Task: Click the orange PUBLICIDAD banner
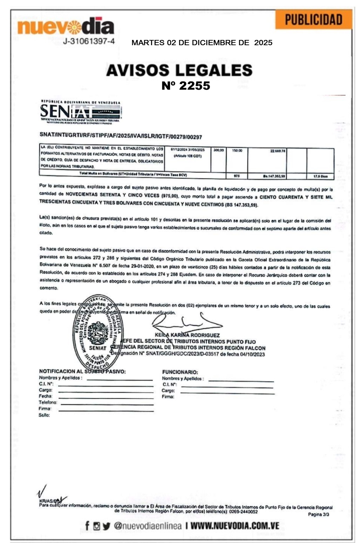(x=313, y=20)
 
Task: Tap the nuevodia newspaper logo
(x=66, y=27)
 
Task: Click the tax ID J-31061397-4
(x=89, y=41)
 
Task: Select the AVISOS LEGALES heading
(x=179, y=70)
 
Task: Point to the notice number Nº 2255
(x=186, y=86)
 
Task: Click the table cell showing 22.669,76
(x=278, y=151)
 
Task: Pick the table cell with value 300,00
(x=218, y=150)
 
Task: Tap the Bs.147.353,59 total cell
(x=274, y=176)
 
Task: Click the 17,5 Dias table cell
(x=320, y=176)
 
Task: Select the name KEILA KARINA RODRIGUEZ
(x=187, y=335)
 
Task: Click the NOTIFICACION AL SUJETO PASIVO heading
(x=82, y=371)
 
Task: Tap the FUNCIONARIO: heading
(x=180, y=372)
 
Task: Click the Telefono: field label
(x=48, y=403)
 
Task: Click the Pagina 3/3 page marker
(x=318, y=514)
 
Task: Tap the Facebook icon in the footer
(x=87, y=525)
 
